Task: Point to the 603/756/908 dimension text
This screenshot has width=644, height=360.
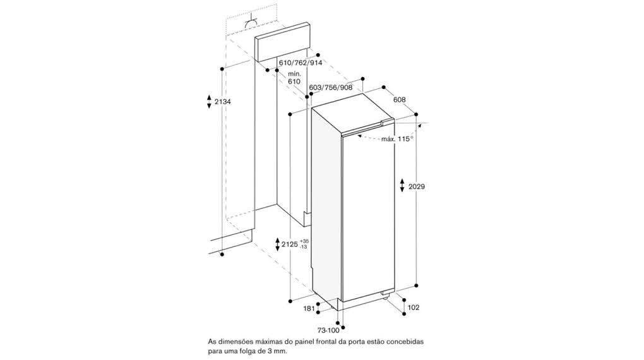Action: click(x=331, y=88)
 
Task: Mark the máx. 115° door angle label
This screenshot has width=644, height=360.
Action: click(x=397, y=139)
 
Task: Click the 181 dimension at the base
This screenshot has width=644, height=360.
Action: click(x=309, y=308)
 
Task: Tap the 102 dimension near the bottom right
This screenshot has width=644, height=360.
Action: click(x=414, y=308)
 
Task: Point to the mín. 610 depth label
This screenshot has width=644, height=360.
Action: click(x=294, y=78)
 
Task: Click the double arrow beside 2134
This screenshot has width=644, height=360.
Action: click(x=209, y=102)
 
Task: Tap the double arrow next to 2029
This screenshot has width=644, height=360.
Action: click(x=403, y=186)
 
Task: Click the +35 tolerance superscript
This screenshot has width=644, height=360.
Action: click(x=305, y=241)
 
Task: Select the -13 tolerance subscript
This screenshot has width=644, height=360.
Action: click(x=304, y=247)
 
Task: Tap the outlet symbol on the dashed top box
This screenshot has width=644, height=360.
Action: click(x=251, y=22)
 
